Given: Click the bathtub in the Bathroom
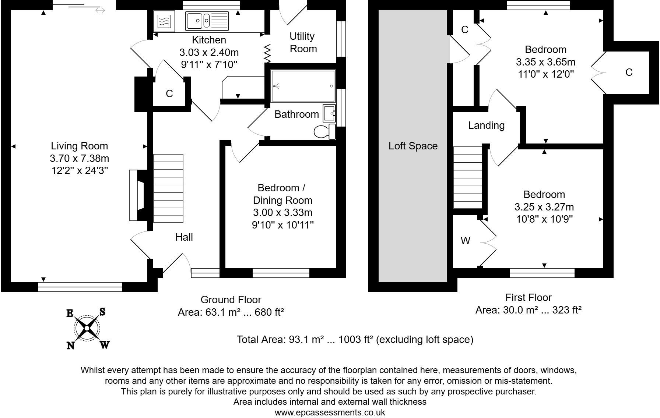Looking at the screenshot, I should (303, 86).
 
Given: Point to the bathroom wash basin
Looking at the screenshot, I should (329, 113).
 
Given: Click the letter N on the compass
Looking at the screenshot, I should (70, 345).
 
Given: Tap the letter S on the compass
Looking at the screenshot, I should (102, 312).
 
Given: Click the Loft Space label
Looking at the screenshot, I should (413, 146).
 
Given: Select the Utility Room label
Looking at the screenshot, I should (303, 42).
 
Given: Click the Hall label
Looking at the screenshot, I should (184, 237).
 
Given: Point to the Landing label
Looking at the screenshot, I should (486, 125).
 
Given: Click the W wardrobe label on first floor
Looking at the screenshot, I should (466, 241).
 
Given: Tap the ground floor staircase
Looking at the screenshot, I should (168, 188).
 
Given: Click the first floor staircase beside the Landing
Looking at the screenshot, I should (467, 178).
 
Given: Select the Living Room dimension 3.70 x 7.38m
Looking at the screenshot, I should (79, 159).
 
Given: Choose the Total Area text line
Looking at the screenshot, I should (355, 339).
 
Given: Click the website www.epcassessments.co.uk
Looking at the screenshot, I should (330, 412).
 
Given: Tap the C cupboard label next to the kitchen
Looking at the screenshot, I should (169, 94).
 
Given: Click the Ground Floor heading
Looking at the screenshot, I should (231, 300).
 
